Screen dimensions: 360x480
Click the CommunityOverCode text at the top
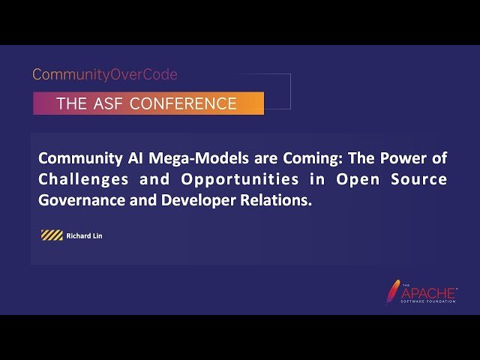pyautogui.click(x=105, y=75)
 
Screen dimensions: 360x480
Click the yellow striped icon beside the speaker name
pyautogui.click(x=52, y=236)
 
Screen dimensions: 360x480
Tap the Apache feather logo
pyautogui.click(x=392, y=290)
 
